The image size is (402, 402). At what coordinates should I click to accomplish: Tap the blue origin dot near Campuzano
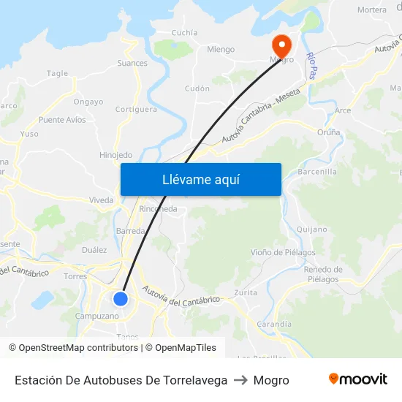click(x=121, y=299)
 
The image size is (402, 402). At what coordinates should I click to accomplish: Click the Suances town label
click(x=132, y=63)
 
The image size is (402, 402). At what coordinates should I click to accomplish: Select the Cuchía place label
click(x=184, y=33)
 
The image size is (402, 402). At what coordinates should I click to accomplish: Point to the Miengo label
click(x=221, y=50)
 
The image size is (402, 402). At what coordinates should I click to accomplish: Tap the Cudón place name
click(x=197, y=88)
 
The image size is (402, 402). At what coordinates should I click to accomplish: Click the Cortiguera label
click(x=136, y=110)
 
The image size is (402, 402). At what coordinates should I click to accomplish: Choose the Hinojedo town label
click(x=115, y=155)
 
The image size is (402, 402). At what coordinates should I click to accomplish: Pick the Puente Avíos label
click(x=62, y=120)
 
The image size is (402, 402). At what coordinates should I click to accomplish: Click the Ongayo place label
click(x=88, y=102)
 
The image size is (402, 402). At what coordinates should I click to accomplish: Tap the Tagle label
click(x=57, y=73)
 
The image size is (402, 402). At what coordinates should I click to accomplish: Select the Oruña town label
click(x=329, y=132)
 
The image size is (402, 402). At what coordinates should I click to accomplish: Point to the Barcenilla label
click(x=318, y=172)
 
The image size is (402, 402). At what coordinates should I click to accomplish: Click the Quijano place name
click(x=312, y=229)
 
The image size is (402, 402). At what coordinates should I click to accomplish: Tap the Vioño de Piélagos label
click(x=283, y=253)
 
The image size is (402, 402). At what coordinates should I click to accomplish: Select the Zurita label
click(x=246, y=292)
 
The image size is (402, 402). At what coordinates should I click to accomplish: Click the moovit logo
click(x=358, y=379)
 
